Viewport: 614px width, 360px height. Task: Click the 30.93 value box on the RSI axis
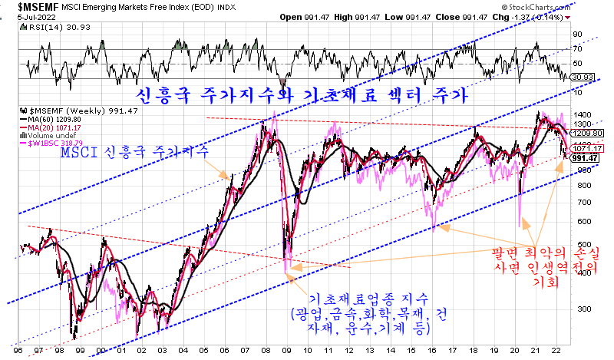click(x=586, y=78)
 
